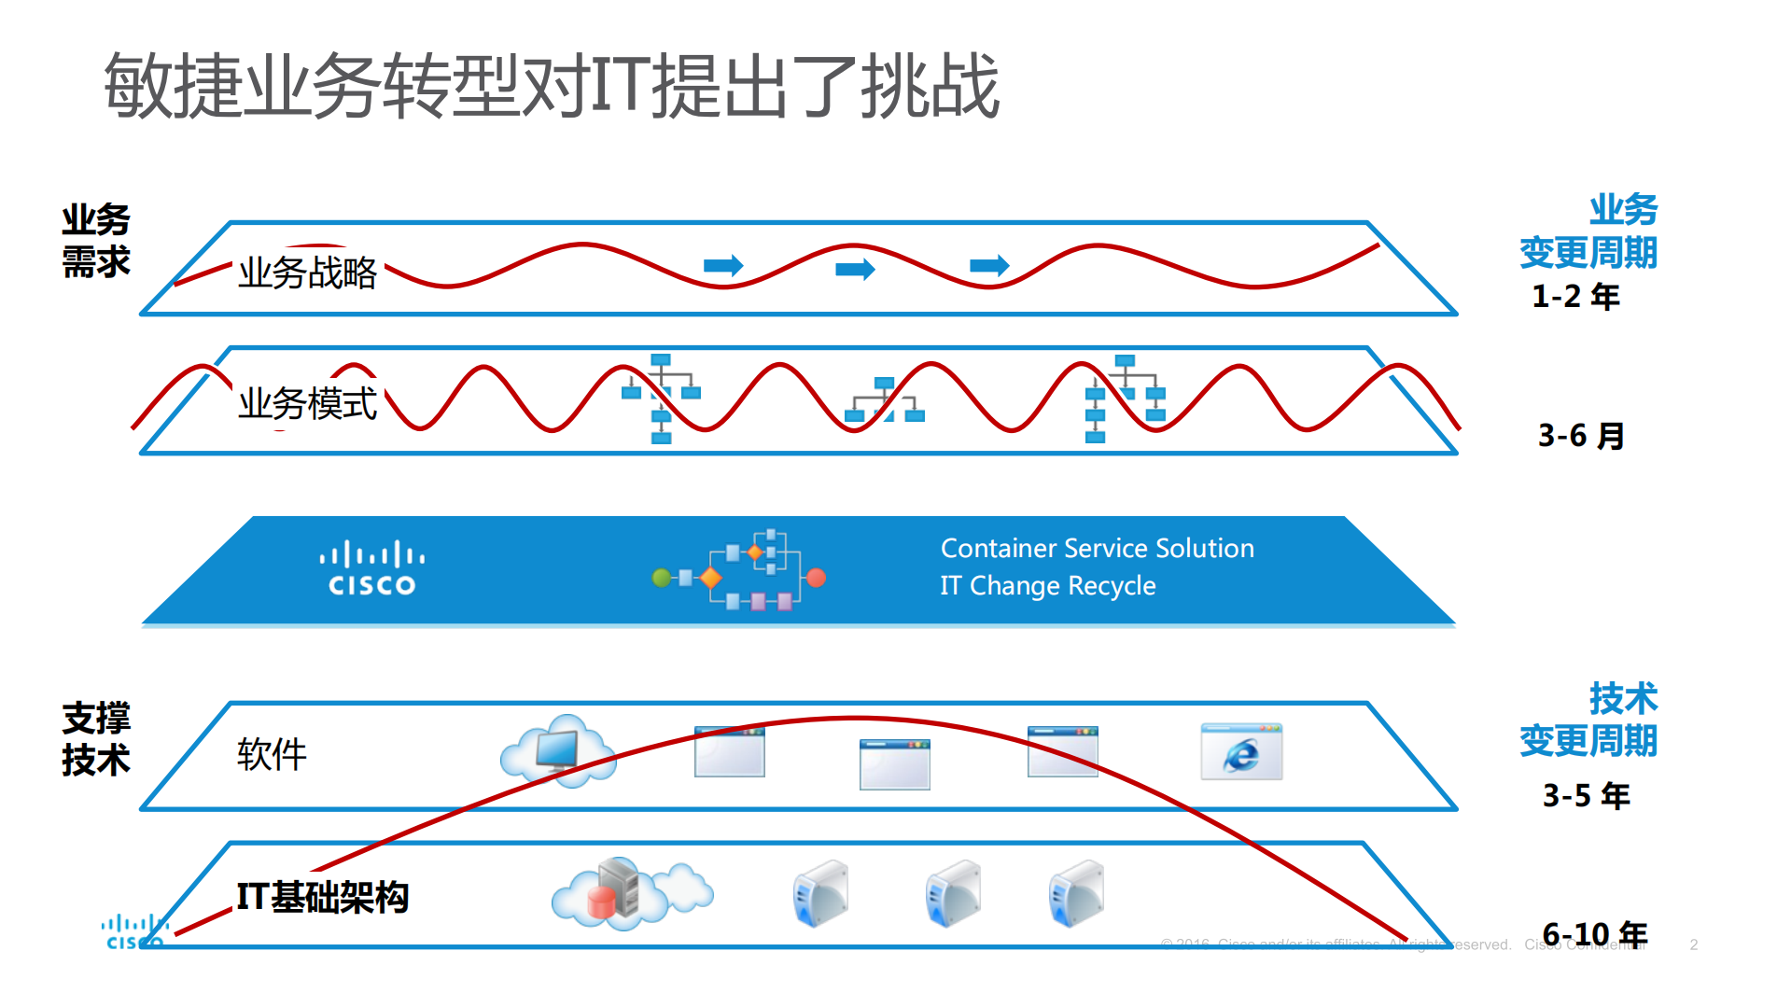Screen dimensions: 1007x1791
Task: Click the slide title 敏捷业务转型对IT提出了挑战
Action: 551,86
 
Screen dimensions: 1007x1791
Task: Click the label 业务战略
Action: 307,273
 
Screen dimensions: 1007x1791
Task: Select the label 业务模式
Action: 307,403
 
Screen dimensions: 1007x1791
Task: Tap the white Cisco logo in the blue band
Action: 371,569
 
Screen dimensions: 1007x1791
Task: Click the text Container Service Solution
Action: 1097,548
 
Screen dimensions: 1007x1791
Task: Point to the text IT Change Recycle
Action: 1047,585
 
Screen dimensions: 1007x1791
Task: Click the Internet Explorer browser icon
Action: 1241,752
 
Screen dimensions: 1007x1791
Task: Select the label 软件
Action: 271,754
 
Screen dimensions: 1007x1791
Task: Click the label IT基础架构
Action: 322,897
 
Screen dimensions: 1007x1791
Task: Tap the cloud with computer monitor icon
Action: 558,751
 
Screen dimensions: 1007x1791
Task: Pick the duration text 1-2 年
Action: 1575,297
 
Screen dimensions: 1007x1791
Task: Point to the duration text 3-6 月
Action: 1581,436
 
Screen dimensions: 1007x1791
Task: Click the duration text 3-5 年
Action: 1586,796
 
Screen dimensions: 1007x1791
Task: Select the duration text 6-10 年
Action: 1594,934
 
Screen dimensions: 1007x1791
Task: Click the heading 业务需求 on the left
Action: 95,241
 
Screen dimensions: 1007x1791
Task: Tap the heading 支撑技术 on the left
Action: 95,739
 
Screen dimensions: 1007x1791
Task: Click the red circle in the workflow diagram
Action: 816,578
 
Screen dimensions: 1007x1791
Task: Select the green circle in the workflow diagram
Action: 661,578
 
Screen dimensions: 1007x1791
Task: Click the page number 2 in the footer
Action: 1693,944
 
